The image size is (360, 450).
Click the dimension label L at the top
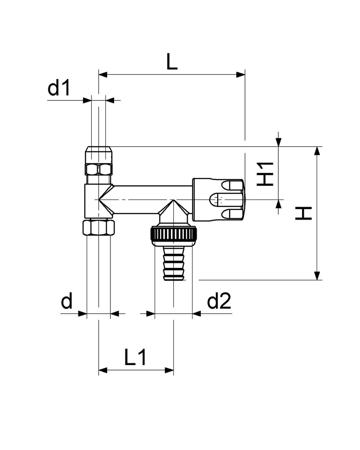click(x=172, y=62)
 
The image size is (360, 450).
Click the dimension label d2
click(x=219, y=301)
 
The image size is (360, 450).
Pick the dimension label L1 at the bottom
click(x=135, y=357)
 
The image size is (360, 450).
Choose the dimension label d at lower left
click(x=67, y=301)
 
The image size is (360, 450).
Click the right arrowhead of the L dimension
click(x=240, y=75)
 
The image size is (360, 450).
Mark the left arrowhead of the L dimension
click(x=102, y=75)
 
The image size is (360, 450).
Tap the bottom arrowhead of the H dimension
click(x=317, y=276)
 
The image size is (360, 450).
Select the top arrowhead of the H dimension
click(x=317, y=151)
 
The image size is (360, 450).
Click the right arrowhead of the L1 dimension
click(x=170, y=370)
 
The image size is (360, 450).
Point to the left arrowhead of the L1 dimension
click(x=102, y=370)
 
